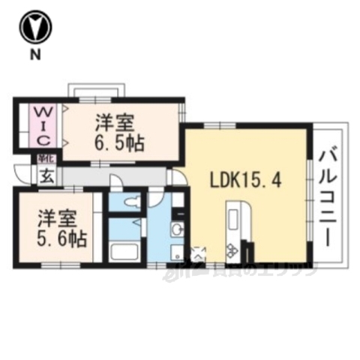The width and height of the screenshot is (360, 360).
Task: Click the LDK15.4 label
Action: click(244, 181)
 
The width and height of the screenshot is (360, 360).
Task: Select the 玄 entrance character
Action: click(46, 177)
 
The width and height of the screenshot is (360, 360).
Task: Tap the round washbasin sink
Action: click(175, 229)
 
